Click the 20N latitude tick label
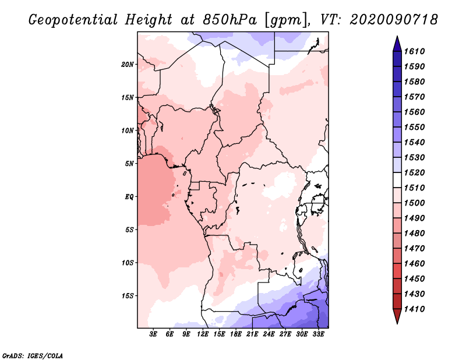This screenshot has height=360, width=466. click(x=128, y=64)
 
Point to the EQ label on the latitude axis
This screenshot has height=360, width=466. click(x=129, y=196)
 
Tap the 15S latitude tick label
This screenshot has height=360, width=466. click(x=128, y=295)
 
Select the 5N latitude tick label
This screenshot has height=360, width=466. click(x=129, y=163)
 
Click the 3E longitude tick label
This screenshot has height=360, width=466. click(x=154, y=334)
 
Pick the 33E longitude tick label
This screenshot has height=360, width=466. click(x=318, y=334)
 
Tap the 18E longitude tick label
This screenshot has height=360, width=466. click(x=236, y=334)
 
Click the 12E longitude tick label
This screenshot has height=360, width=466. click(x=203, y=334)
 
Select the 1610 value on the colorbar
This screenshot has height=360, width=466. click(x=417, y=51)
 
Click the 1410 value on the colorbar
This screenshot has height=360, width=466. click(x=417, y=309)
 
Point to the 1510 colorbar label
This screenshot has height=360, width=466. click(x=417, y=188)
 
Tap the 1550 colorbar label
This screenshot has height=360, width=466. click(x=417, y=127)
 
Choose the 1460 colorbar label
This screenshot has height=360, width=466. click(x=417, y=263)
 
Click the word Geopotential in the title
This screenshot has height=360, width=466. click(x=72, y=20)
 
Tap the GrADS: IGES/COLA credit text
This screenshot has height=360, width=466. click(x=33, y=355)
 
